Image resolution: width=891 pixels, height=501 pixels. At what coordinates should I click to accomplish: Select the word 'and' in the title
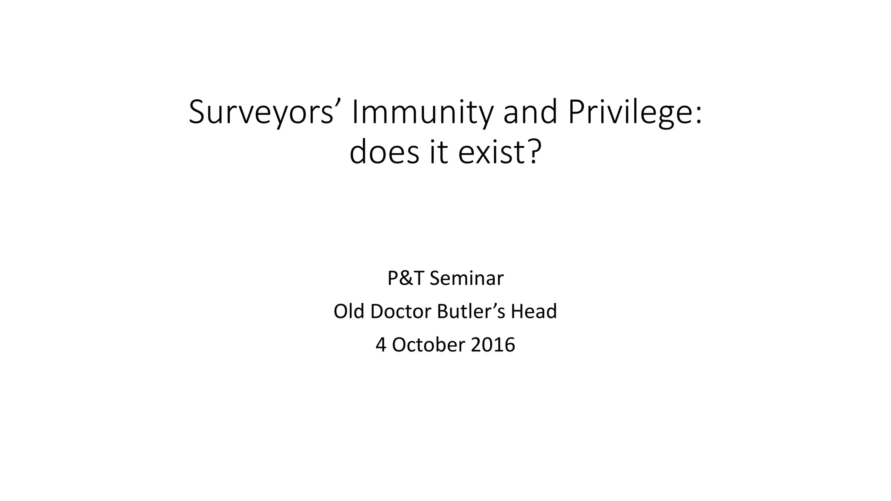click(x=530, y=112)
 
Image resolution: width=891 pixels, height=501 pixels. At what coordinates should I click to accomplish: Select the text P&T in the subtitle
click(x=405, y=278)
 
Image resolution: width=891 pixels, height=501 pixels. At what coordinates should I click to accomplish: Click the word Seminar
click(x=466, y=278)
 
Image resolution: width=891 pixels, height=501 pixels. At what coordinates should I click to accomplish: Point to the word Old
click(x=349, y=311)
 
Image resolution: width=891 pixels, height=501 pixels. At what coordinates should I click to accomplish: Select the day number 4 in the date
click(x=381, y=345)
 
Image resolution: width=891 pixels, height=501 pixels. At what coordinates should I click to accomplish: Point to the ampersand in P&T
click(x=406, y=278)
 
